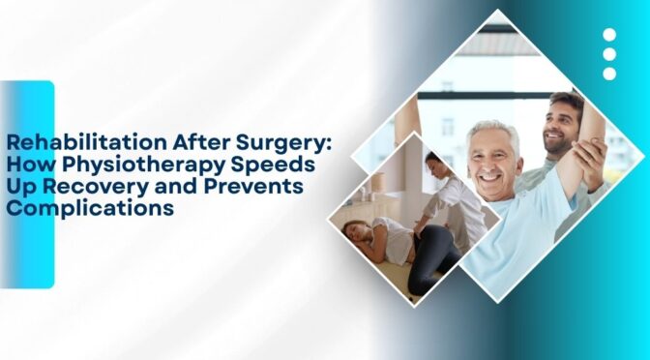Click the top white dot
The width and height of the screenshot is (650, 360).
click(609, 35)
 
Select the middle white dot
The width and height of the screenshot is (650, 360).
click(609, 54)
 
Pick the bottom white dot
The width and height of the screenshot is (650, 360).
click(609, 74)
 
